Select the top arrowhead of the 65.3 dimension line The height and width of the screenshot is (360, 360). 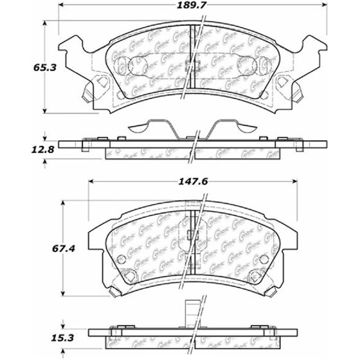click(x=44, y=22)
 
